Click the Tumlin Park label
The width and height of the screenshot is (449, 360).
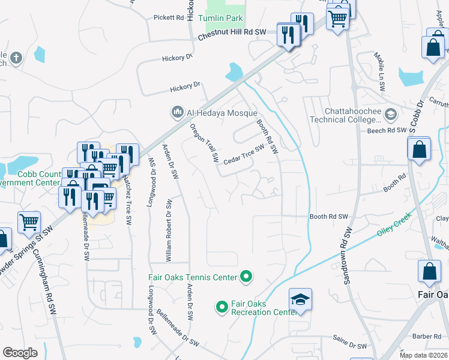[x=220, y=19]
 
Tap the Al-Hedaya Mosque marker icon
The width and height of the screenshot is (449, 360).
[x=177, y=112]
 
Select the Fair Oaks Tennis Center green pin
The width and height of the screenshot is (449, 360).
[x=246, y=277]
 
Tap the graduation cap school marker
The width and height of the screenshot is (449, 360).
[x=300, y=299]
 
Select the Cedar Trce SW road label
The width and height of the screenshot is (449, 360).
[x=244, y=155]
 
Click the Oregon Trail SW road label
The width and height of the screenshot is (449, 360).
[x=204, y=143]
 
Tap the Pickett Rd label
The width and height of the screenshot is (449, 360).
[x=168, y=17]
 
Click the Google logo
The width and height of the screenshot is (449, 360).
[x=20, y=352]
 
